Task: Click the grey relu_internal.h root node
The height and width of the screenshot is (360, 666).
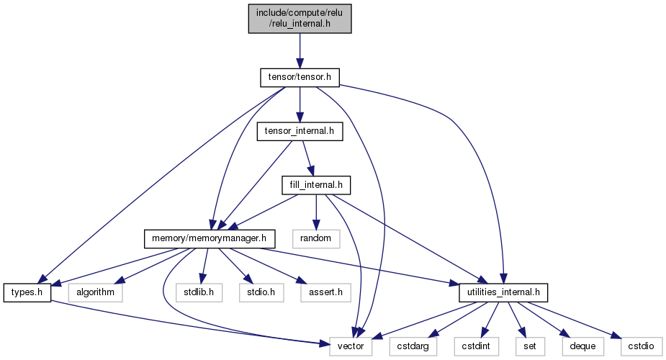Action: point(300,18)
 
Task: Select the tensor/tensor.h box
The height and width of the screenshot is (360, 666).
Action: point(300,77)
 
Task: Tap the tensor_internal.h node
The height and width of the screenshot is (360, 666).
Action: point(300,131)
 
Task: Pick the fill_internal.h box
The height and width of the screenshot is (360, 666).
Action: point(316,185)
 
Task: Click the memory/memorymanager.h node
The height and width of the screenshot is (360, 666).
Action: point(210,238)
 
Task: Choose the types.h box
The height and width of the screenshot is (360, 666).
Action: point(27,292)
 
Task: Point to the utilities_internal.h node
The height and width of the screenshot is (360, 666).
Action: point(503,292)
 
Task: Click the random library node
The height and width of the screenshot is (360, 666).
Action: point(315,238)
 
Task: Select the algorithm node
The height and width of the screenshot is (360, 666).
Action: point(95,292)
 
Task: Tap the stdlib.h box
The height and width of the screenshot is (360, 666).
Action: point(199,292)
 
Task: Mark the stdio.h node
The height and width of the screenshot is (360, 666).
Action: point(261,292)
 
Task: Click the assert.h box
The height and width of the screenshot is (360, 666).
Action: point(325,292)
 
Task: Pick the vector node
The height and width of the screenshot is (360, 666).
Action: point(351,346)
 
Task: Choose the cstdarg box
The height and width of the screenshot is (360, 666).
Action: point(413,346)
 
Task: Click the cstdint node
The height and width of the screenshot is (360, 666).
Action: point(476,346)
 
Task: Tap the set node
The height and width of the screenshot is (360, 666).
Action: point(530,346)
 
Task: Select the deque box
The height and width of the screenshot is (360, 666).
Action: point(582,346)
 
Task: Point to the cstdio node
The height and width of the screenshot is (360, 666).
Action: point(642,346)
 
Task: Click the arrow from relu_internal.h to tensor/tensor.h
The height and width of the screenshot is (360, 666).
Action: point(300,51)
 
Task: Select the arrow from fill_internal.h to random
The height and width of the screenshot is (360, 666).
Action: point(316,212)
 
